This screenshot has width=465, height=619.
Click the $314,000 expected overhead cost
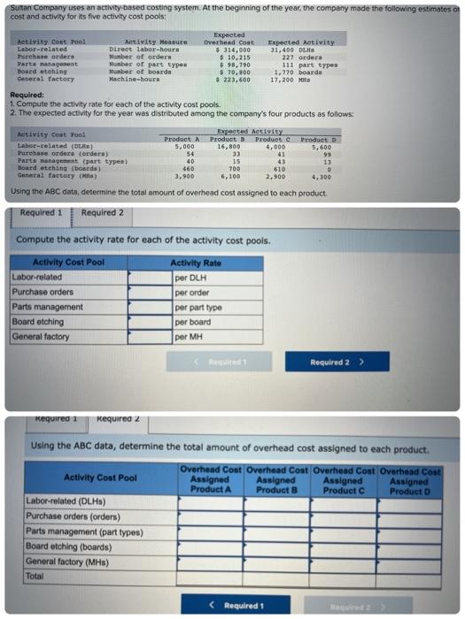(233, 50)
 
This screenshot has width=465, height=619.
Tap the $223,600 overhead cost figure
(232, 80)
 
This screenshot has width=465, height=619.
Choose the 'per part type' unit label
(198, 307)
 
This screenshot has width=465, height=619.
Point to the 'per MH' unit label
(185, 336)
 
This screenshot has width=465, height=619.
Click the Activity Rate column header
(196, 263)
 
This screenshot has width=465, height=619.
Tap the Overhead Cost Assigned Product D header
(409, 481)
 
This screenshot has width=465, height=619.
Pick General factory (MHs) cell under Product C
(343, 561)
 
